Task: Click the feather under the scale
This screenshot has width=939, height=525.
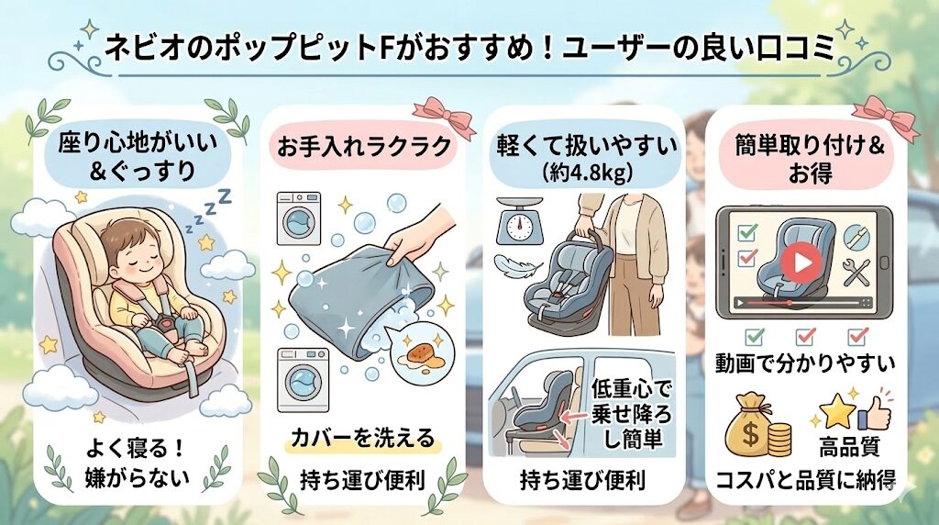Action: coord(514,265)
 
